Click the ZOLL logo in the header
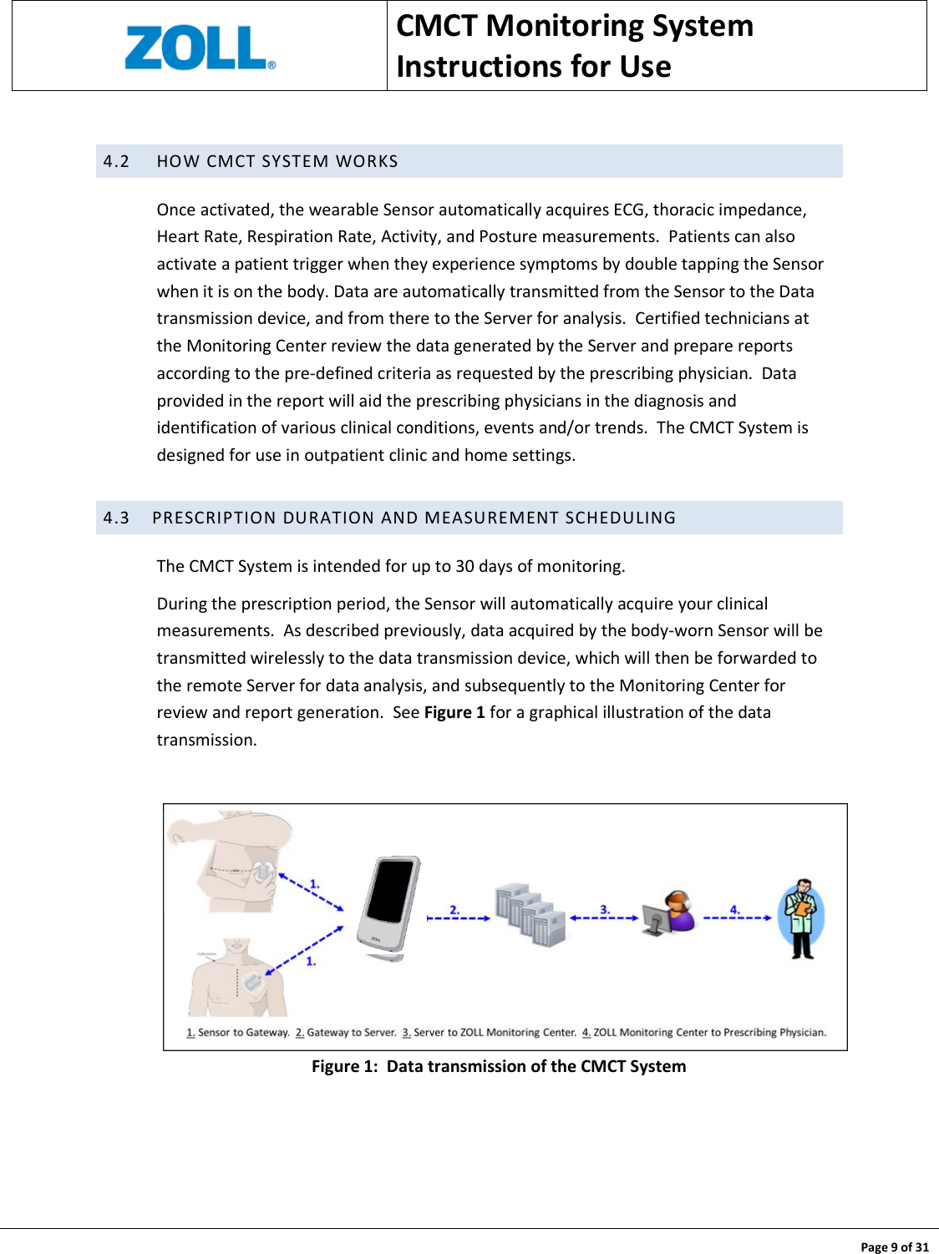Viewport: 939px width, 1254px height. (199, 48)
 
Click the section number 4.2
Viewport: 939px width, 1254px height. (116, 161)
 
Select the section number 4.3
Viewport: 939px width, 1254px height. (116, 518)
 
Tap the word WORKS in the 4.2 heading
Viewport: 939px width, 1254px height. (367, 161)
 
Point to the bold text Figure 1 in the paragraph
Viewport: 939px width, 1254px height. (454, 712)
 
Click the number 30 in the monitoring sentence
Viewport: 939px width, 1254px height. (464, 566)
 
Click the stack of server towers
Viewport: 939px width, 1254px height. (530, 914)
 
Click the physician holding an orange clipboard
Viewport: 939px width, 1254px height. (802, 917)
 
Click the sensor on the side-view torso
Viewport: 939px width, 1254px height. (262, 873)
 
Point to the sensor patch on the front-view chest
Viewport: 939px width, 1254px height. (253, 983)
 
